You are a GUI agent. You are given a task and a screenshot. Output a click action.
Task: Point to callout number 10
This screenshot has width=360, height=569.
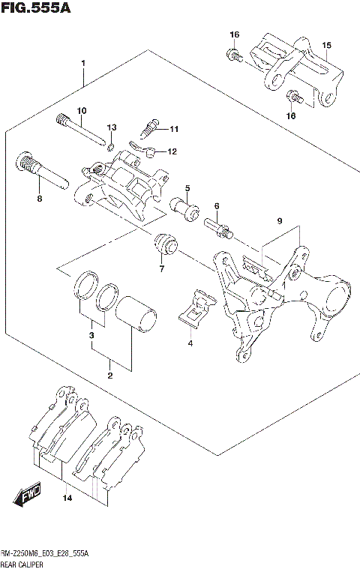82,111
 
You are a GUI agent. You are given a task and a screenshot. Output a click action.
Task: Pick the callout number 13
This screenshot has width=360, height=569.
112,127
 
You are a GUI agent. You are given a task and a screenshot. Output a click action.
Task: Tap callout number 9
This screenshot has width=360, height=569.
278,222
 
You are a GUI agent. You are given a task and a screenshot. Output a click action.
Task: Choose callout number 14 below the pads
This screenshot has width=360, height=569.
67,498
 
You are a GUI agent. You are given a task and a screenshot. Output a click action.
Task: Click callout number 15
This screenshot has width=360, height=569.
326,46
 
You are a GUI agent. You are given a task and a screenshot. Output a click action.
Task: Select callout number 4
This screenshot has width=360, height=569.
190,343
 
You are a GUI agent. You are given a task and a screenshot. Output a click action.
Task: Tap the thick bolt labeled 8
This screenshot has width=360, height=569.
42,173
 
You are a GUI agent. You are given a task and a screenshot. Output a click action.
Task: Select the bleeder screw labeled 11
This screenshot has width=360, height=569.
149,123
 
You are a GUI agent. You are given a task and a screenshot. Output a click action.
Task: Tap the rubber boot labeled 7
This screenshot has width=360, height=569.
163,244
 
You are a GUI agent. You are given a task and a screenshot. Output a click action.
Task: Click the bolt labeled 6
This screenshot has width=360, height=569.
218,224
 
